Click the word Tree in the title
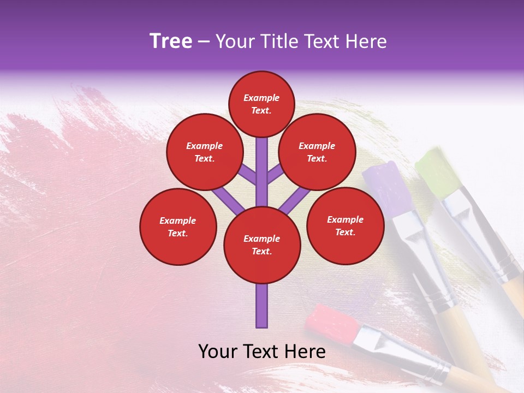click(x=171, y=41)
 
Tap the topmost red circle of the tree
click(x=261, y=104)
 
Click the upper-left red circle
click(x=204, y=152)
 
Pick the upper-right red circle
click(x=317, y=152)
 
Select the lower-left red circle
click(x=178, y=227)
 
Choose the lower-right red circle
click(x=345, y=225)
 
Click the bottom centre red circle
click(x=261, y=245)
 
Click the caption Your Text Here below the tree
click(x=262, y=352)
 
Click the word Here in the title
click(x=366, y=41)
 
